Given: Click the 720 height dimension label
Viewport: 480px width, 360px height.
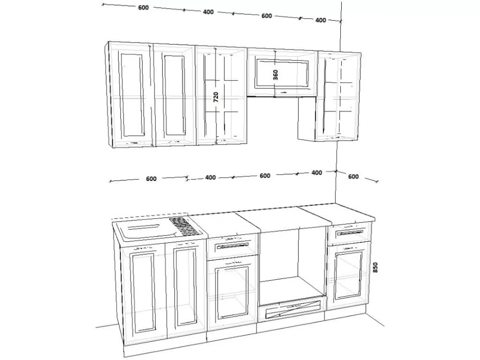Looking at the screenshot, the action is (216, 97).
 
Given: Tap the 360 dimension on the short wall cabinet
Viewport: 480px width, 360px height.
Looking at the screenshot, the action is (276, 75).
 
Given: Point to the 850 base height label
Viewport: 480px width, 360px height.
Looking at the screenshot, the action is (375, 267).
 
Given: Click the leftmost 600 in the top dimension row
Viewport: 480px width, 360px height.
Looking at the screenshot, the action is (143, 8).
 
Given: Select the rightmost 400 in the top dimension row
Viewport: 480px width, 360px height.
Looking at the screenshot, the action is (321, 20).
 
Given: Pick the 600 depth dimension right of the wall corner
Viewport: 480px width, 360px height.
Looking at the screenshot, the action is (353, 177).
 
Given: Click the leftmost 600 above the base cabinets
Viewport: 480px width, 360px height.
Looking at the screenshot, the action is (151, 179).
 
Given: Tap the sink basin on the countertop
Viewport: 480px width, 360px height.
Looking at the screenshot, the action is (146, 230).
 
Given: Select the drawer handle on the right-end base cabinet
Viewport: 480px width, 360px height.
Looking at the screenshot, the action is (350, 233).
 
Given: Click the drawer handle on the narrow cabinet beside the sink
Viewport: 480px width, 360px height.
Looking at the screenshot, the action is (233, 246).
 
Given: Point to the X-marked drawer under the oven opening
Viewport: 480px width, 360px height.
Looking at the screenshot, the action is (293, 309).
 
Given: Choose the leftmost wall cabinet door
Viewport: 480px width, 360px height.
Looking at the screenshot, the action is (131, 95).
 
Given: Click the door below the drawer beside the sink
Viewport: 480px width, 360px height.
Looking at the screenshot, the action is (232, 292).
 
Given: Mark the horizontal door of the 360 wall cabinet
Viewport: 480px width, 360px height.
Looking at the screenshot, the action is (282, 73).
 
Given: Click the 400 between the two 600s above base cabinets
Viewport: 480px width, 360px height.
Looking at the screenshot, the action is (210, 178).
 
